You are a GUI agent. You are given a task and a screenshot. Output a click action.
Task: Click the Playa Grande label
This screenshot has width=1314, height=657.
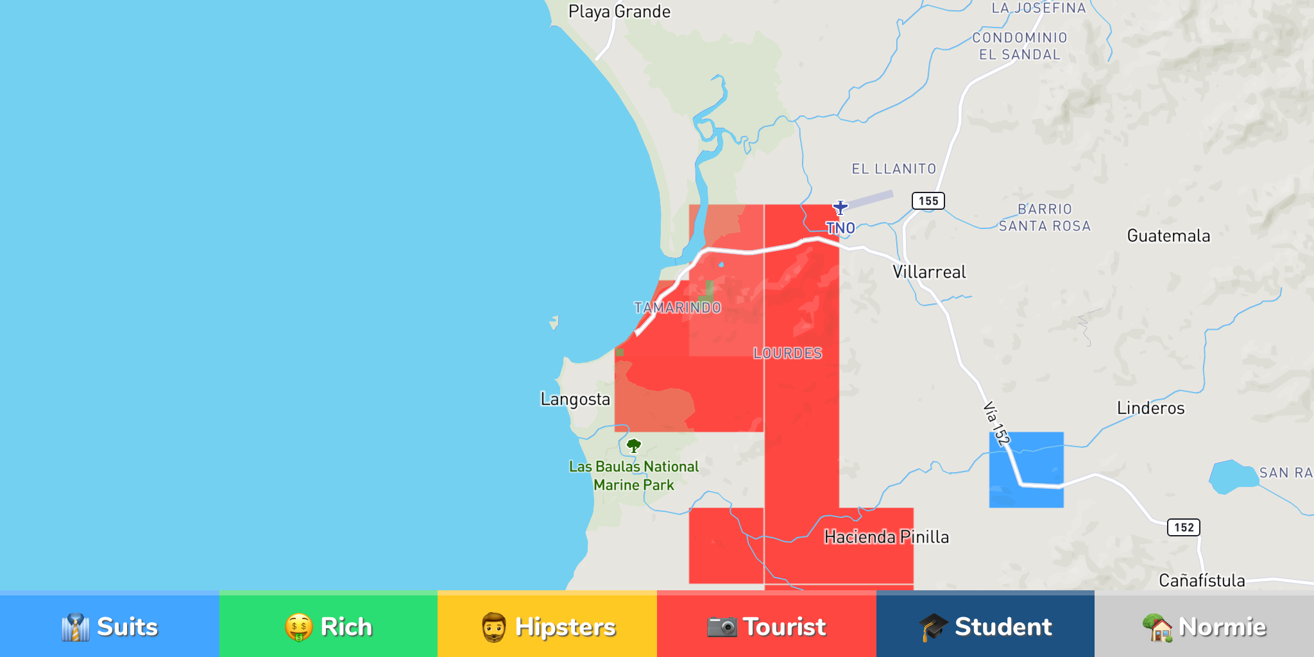point(619,12)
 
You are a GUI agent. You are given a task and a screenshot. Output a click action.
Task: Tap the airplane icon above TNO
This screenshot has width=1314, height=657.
point(840,207)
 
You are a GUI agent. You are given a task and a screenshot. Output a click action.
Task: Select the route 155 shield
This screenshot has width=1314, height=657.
point(928,201)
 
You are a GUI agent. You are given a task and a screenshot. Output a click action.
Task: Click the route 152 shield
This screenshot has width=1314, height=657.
point(1183,527)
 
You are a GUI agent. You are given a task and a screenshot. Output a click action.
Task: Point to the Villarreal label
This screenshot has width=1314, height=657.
point(929,272)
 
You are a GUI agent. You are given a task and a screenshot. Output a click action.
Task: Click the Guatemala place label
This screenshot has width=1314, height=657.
point(1168,236)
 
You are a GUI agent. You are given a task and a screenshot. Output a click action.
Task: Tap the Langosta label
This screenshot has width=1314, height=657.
point(575,399)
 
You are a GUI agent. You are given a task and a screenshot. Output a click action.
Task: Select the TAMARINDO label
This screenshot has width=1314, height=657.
point(678,308)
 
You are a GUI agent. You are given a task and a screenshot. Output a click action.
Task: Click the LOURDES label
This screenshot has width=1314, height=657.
point(787,354)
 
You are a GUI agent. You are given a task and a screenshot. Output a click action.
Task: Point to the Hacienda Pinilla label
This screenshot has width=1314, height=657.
point(886,537)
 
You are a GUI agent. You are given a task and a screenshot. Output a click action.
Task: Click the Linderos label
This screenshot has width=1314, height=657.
point(1150,408)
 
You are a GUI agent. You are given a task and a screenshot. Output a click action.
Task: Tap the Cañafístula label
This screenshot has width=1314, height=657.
point(1201,581)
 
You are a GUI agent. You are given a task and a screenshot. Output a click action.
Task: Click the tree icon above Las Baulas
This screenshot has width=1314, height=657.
point(634,445)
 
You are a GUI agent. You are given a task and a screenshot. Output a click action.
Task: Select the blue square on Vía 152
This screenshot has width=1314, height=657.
point(1026,470)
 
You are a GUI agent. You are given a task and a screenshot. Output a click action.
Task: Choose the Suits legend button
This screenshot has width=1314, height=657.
point(110,626)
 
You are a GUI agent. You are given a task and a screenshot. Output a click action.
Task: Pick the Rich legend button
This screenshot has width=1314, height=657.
point(328,626)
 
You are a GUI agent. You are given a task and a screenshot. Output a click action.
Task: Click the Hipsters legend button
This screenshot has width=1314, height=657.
point(547,626)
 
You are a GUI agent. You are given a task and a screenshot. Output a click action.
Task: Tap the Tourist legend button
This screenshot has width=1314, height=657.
point(766,626)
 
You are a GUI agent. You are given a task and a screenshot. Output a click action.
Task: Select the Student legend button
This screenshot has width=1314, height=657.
point(985,626)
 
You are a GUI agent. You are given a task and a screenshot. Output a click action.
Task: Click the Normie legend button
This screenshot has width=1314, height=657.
point(1204,626)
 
